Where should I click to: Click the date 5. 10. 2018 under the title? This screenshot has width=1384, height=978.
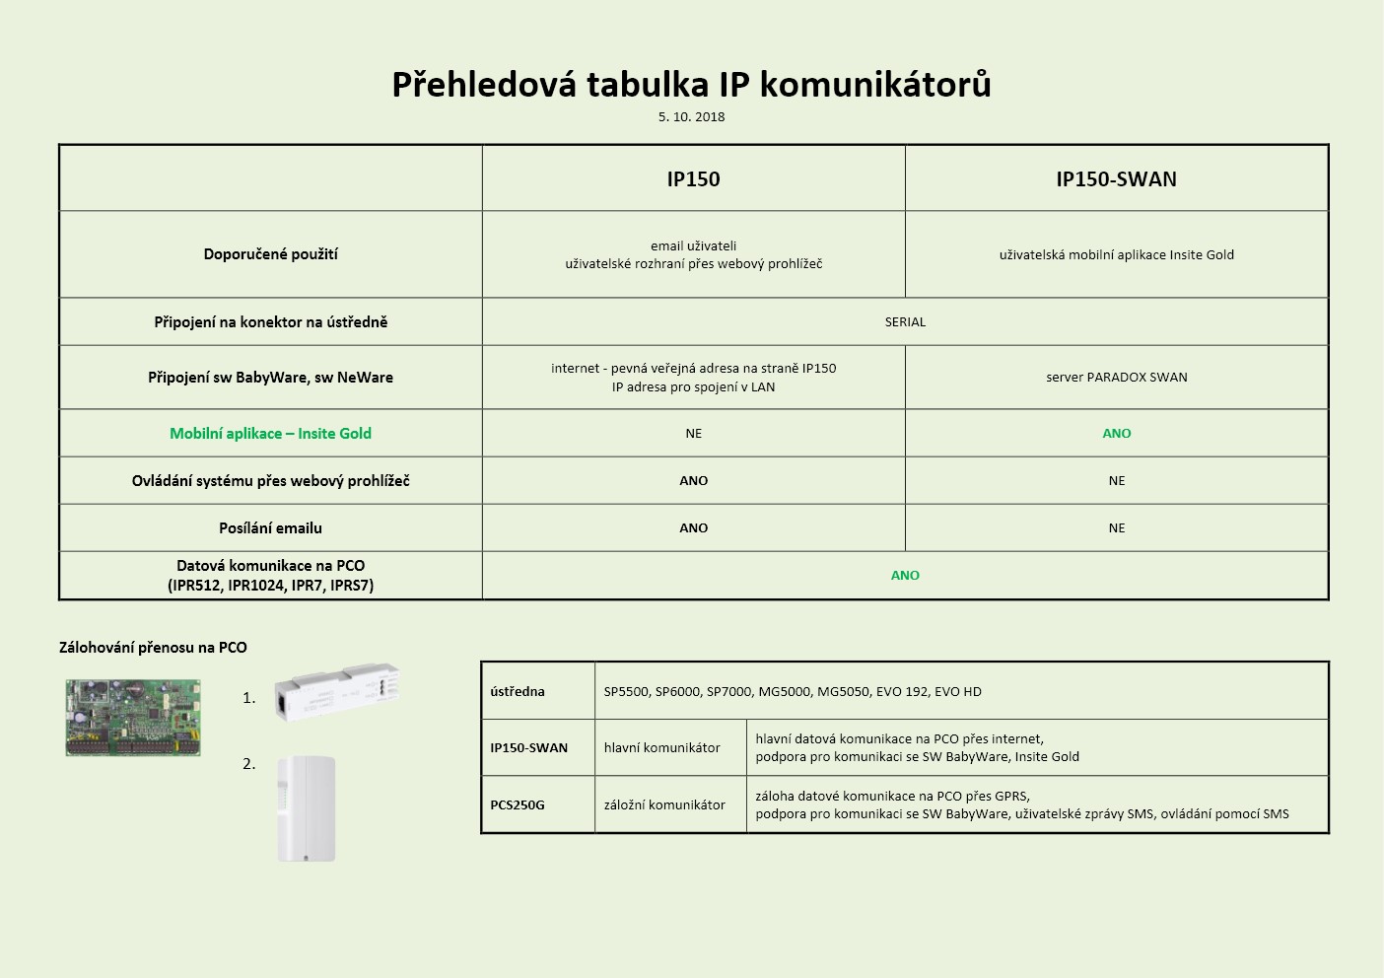click(x=691, y=116)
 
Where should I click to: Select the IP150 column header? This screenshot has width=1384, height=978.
click(x=693, y=179)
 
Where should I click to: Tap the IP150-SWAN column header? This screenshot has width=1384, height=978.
click(x=1116, y=179)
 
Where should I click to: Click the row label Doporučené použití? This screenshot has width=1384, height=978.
click(x=270, y=254)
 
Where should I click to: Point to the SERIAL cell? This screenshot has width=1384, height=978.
click(x=905, y=322)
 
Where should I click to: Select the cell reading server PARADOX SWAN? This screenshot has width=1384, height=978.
click(x=1116, y=378)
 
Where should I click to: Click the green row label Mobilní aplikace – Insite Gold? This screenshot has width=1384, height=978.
click(x=270, y=434)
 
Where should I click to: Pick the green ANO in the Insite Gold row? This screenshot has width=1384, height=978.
click(x=1116, y=434)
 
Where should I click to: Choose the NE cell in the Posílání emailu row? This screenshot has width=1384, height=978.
click(x=1116, y=528)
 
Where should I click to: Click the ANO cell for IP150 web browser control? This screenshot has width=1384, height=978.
click(x=693, y=481)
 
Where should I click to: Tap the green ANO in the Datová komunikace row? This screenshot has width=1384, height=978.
click(x=905, y=576)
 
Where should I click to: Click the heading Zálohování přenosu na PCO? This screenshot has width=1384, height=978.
click(x=153, y=648)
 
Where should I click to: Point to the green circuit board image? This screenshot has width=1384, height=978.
click(x=133, y=718)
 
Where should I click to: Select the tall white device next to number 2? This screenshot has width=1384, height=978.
click(x=307, y=808)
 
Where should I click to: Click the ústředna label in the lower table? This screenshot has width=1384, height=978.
click(x=518, y=691)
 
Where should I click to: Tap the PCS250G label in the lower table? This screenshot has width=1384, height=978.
click(x=518, y=805)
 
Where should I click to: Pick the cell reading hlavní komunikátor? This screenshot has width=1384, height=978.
click(x=661, y=748)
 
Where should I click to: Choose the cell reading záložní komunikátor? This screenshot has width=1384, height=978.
click(x=664, y=805)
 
